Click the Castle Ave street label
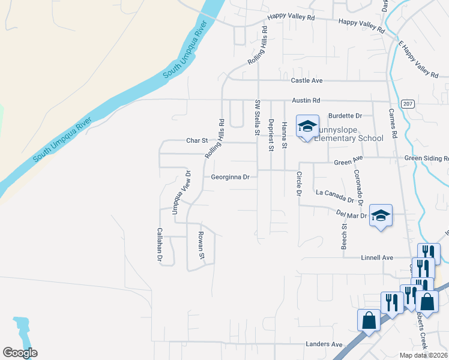pyautogui.click(x=307, y=80)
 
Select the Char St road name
pyautogui.click(x=196, y=141)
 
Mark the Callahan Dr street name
pyautogui.click(x=160, y=245)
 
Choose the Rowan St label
pyautogui.click(x=202, y=245)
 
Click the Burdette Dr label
pyautogui.click(x=345, y=116)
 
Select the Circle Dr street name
pyautogui.click(x=298, y=184)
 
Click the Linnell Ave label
pyautogui.click(x=376, y=257)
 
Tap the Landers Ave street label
pyautogui.click(x=324, y=344)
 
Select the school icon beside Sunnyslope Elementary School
pyautogui.click(x=307, y=127)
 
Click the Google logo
pyautogui.click(x=20, y=353)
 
